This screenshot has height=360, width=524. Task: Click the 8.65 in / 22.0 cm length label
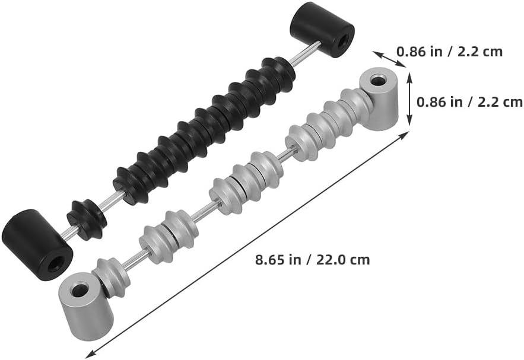pyautogui.click(x=313, y=260)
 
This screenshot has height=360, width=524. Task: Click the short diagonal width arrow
pyautogui.click(x=390, y=59)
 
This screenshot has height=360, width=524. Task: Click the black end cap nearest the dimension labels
pyautogui.click(x=322, y=30)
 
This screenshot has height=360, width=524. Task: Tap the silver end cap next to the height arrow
pyautogui.click(x=379, y=98)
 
